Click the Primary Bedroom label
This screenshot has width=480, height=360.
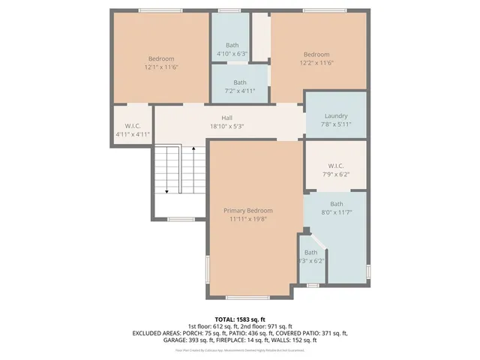pyautogui.click(x=248, y=211)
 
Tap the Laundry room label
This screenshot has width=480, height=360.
pyautogui.click(x=336, y=115)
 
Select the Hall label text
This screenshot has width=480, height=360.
pyautogui.click(x=226, y=118)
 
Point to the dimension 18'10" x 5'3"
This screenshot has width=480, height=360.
pyautogui.click(x=226, y=127)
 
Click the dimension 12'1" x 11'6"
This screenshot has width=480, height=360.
pyautogui.click(x=161, y=67)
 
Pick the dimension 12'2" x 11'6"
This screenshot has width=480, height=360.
pyautogui.click(x=316, y=63)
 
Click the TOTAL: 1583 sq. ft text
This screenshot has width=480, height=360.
pyautogui.click(x=239, y=319)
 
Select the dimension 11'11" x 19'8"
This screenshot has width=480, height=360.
pyautogui.click(x=248, y=220)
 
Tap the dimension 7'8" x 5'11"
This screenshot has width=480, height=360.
pyautogui.click(x=336, y=124)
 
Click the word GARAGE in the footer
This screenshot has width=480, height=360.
pyautogui.click(x=176, y=340)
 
